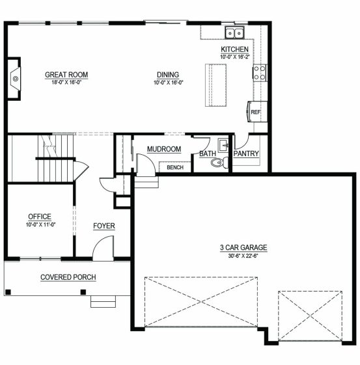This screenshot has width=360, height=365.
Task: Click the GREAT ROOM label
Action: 66,75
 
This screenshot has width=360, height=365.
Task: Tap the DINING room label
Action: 168,75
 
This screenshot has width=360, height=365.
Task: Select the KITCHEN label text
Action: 234,49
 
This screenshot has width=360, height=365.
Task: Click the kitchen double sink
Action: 234,33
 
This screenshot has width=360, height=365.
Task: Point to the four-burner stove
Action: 260,73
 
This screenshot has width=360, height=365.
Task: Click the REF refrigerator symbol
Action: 257,112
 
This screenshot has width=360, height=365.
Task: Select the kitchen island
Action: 216,85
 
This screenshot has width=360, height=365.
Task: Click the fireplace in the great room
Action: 14,79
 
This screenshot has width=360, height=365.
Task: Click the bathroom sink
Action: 223,145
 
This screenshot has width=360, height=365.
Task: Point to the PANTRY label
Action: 246,154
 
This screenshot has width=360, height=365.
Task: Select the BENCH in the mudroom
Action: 175,167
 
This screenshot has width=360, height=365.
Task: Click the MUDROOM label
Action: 164,149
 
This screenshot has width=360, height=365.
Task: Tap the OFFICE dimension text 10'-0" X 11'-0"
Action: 41,224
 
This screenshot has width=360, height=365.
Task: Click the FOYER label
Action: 104,226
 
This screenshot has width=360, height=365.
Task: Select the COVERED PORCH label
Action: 68,277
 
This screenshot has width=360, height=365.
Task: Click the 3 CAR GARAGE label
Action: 243,247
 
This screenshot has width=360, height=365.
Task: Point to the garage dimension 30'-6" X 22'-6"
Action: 243,256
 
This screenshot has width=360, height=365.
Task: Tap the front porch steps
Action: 103,302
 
